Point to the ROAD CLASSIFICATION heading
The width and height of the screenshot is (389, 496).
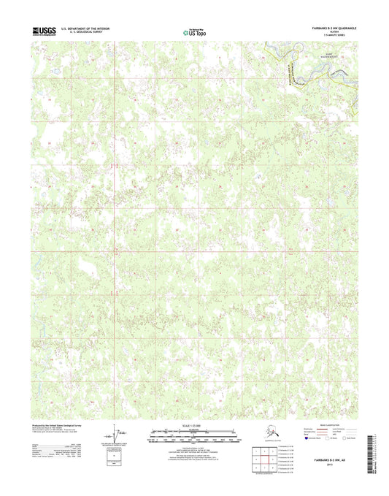tap(322, 424)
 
